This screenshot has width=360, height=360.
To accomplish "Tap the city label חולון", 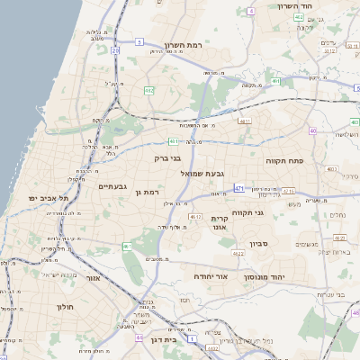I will (65, 307).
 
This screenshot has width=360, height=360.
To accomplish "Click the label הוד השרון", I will (319, 5).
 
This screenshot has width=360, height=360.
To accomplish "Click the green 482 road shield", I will (148, 90).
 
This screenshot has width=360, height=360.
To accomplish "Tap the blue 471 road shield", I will (238, 188).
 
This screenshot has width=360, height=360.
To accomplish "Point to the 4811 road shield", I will (244, 121).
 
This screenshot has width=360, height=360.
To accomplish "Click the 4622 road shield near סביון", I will (238, 255).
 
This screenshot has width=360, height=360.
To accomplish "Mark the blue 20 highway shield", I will (115, 51).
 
